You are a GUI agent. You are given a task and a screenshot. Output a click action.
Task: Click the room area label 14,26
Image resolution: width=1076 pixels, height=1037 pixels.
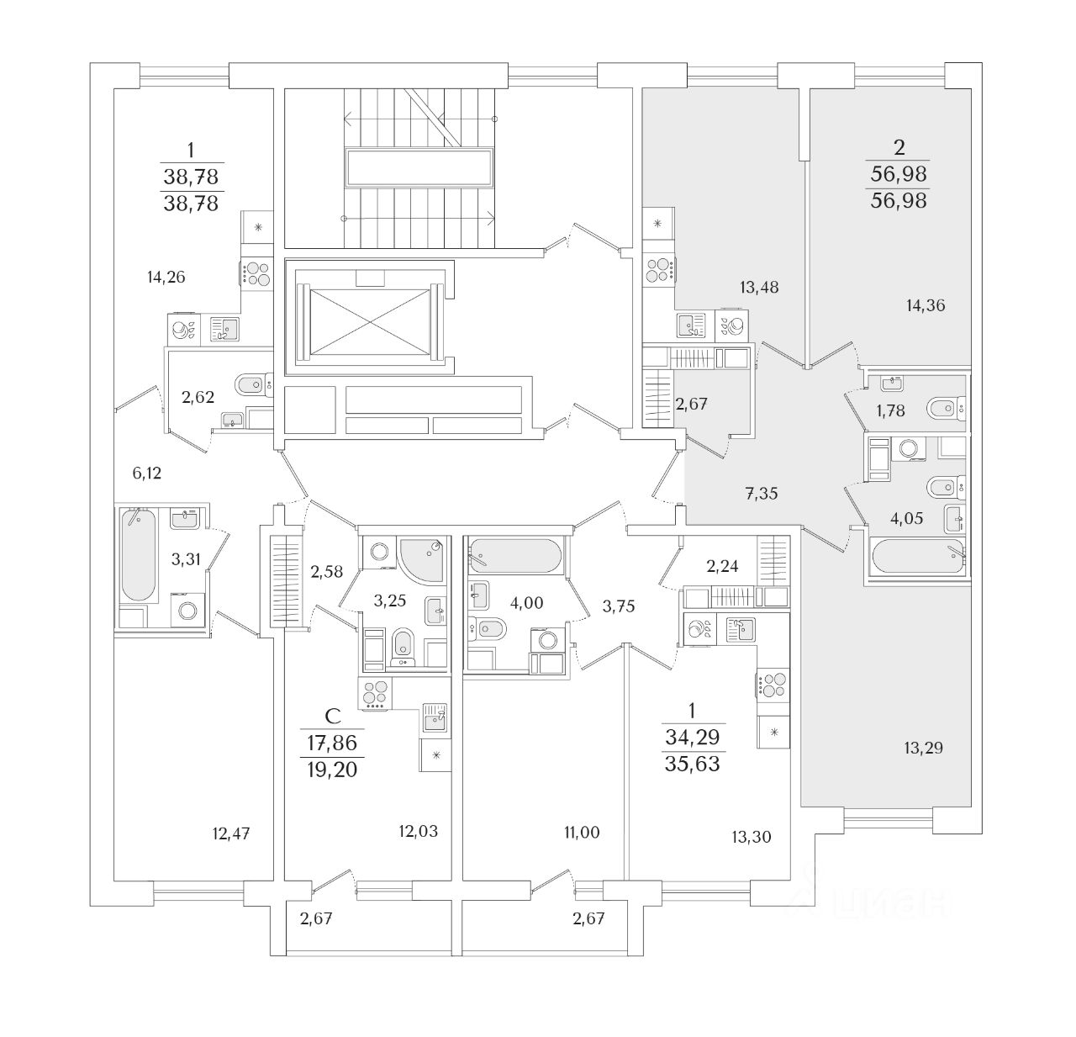165,277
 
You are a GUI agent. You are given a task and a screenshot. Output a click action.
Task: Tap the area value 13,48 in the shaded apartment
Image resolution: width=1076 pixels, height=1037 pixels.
760,288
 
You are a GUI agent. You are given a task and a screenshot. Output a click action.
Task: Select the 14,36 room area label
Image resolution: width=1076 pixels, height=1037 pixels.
926,306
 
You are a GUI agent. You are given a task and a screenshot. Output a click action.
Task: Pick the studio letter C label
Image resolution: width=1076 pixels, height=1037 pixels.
333,716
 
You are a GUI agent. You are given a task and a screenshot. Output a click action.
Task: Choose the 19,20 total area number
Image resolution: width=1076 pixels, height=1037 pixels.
333,769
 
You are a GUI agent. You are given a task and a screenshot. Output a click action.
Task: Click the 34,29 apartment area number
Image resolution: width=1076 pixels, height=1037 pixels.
693,737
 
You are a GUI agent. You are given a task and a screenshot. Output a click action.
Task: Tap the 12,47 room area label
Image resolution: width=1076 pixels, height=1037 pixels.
231,833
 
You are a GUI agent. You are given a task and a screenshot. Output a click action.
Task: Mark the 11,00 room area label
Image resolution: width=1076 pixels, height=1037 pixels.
582,833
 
